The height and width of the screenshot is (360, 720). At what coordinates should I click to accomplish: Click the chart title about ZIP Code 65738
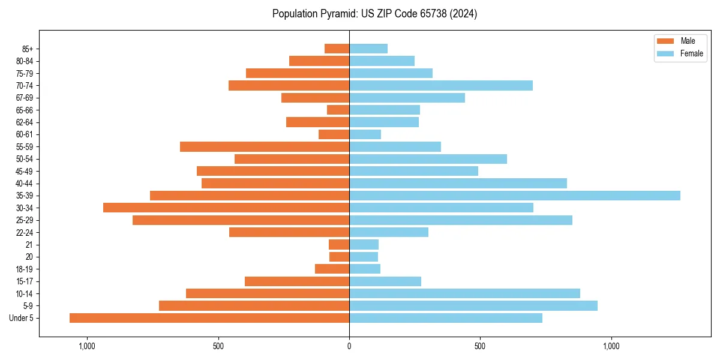(x=374, y=14)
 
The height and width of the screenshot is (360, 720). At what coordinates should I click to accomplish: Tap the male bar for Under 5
(x=209, y=318)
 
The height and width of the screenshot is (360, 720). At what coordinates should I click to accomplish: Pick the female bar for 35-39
(x=515, y=196)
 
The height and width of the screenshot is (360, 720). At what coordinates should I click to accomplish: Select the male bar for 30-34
(x=226, y=208)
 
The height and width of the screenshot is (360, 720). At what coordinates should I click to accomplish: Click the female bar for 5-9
(x=473, y=306)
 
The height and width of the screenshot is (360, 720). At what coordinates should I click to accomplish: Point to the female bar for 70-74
(x=441, y=85)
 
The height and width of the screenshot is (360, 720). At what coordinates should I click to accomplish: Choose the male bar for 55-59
(x=265, y=146)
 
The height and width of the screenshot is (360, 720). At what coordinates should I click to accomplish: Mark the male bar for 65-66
(x=338, y=110)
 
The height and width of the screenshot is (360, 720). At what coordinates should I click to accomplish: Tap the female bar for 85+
(x=368, y=49)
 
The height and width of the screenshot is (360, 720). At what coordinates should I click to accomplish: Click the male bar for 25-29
(x=241, y=220)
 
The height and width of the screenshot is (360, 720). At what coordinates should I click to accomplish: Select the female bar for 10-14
(x=464, y=293)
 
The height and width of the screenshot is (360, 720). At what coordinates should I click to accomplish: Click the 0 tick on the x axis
(x=349, y=346)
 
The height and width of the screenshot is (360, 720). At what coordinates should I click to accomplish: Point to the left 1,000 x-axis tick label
(x=87, y=346)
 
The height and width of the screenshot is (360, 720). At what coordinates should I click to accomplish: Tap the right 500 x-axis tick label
(x=480, y=346)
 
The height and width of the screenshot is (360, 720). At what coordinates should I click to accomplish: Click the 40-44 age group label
(x=25, y=184)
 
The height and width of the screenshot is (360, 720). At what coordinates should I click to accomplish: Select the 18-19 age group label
(x=25, y=269)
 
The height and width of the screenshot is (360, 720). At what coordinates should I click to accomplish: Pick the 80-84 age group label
(x=25, y=61)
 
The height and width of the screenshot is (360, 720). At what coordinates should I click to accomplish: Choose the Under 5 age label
(x=22, y=318)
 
